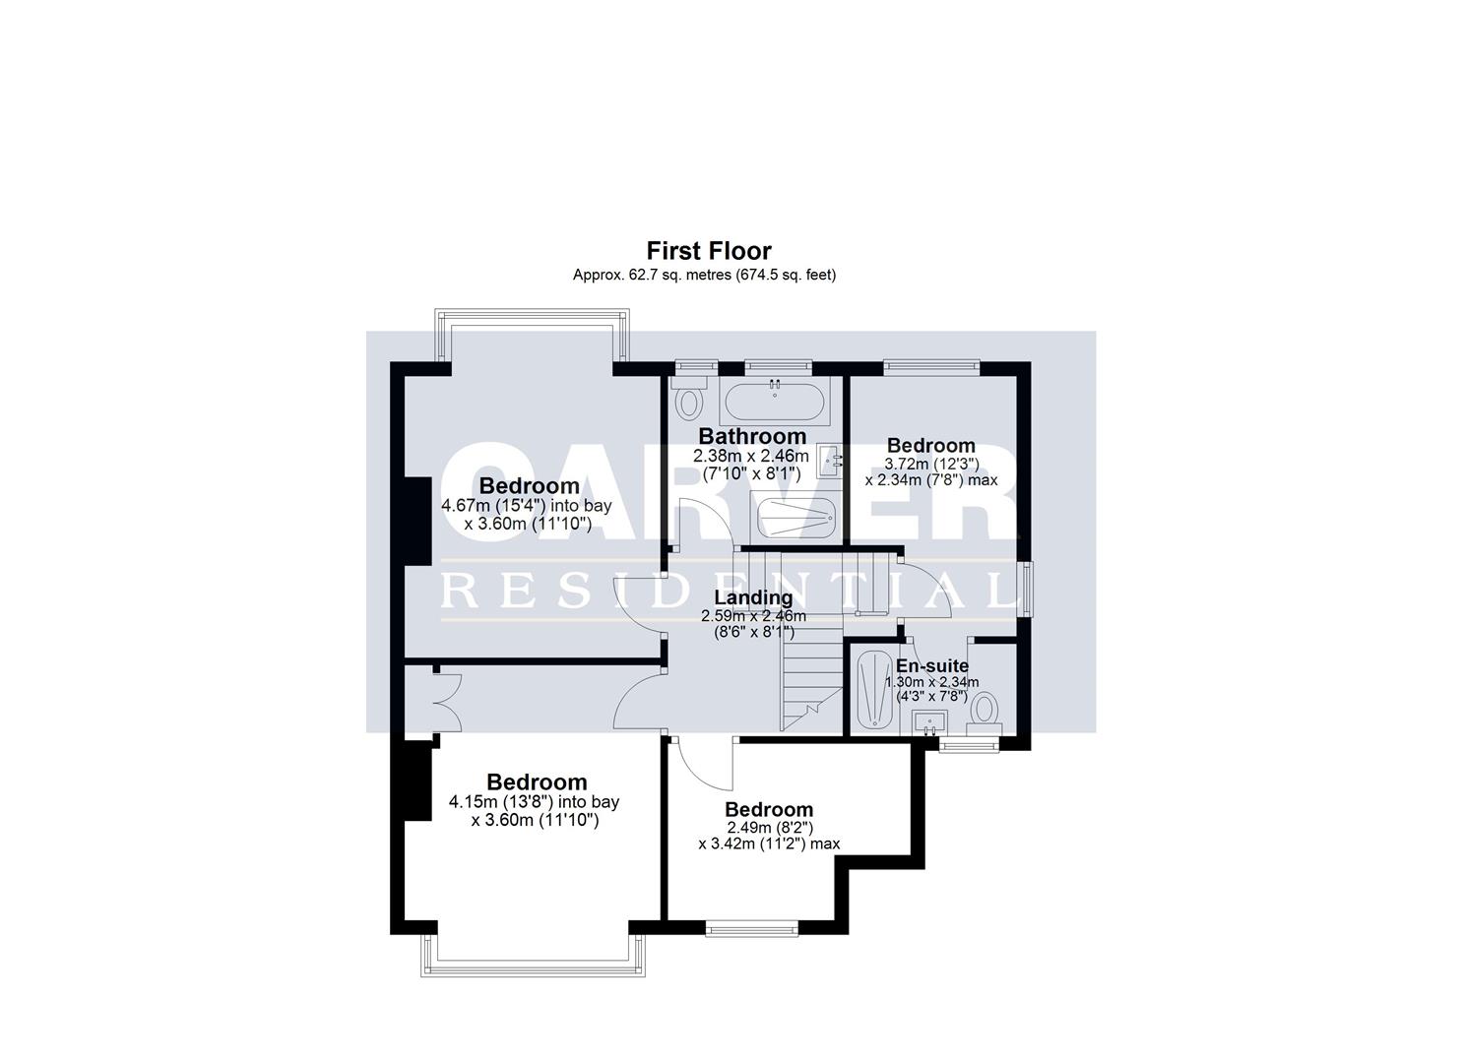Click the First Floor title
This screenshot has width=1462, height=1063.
point(708,251)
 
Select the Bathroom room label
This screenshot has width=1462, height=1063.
point(752,436)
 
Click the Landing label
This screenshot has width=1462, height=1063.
point(753,597)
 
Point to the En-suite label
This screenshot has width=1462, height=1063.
point(931,666)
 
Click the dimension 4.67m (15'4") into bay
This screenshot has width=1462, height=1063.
point(527,506)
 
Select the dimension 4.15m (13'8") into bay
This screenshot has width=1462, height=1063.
point(535,802)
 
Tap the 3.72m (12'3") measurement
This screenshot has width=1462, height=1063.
point(930,464)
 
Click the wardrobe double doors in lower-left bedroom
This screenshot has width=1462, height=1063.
point(445,699)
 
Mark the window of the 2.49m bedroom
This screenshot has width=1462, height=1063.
point(753,926)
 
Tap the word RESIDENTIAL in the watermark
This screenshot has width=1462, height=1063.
point(729,592)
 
